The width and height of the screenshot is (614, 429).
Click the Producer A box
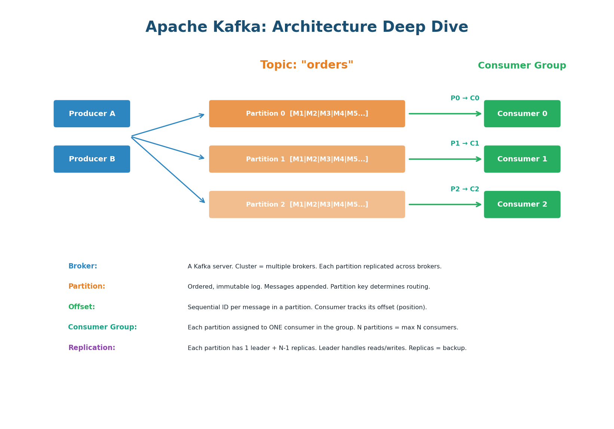(x=92, y=114)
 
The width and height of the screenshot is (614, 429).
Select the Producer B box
(x=92, y=159)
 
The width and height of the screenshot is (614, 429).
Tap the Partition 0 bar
(x=307, y=114)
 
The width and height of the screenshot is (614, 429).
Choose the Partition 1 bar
(x=307, y=159)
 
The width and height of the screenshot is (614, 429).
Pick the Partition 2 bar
(x=307, y=204)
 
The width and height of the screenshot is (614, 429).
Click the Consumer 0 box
(x=522, y=114)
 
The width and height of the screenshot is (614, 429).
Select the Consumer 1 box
(x=522, y=159)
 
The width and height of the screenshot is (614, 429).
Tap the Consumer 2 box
(x=522, y=204)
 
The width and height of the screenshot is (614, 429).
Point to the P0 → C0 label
(x=465, y=98)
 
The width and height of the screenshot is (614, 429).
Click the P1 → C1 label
(x=465, y=144)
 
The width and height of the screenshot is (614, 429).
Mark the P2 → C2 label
(x=465, y=189)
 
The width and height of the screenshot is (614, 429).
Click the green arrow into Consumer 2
(x=445, y=204)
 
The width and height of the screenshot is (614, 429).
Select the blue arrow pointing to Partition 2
(x=168, y=170)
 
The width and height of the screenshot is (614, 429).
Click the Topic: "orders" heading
(x=307, y=65)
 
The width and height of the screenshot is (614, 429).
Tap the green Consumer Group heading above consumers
(x=522, y=66)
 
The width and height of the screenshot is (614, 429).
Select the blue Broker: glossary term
(x=83, y=266)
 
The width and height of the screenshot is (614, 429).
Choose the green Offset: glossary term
(x=82, y=307)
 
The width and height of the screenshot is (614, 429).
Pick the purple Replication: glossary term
(x=92, y=348)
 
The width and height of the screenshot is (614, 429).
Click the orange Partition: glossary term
(x=87, y=286)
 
